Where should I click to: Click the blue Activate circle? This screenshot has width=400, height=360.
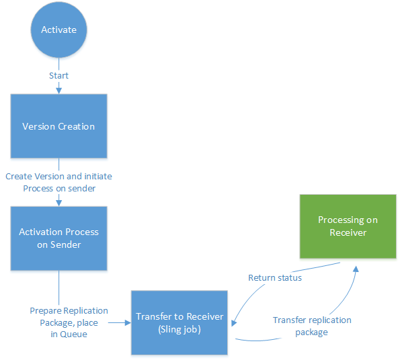pos(58,30)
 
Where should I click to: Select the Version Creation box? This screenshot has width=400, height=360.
pos(58,126)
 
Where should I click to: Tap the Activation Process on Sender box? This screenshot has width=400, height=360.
pos(58,238)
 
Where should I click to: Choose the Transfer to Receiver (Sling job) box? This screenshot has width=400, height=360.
pos(179,322)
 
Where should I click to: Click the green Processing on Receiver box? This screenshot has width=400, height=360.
pos(348,226)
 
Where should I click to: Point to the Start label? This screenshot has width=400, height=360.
pos(58,75)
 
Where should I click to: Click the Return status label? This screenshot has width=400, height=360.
pos(275,277)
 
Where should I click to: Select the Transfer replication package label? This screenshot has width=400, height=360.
pos(312,326)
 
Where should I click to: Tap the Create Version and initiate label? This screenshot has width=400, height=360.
pos(58,177)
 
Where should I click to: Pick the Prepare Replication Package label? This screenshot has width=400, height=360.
pos(69,316)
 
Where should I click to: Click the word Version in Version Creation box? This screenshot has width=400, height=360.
pos(38,126)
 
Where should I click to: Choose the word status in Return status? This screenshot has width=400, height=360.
pos(288,277)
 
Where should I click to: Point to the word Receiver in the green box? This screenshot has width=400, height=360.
pos(348,232)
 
